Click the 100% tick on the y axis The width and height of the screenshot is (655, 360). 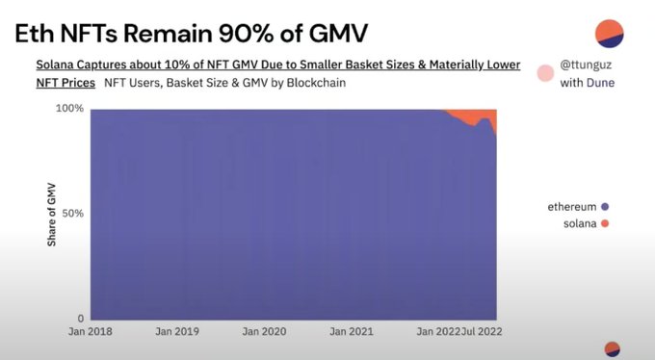tap(69, 109)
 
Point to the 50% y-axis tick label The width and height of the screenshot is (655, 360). tap(72, 214)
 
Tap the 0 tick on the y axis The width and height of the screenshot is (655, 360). tap(81, 319)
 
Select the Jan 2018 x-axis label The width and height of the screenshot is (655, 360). tap(91, 331)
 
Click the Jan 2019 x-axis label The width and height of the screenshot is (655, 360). tap(177, 331)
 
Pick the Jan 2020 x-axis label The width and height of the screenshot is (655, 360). tap(265, 331)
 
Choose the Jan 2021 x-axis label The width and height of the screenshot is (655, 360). tap(352, 331)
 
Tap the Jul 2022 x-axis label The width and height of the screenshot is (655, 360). tap(482, 331)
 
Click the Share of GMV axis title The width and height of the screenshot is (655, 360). tap(51, 215)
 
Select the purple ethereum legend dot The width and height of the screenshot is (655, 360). tap(605, 206)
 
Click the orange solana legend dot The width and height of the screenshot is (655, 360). tap(605, 224)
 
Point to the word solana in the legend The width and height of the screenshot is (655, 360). tap(580, 224)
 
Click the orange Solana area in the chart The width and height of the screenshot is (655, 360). tap(473, 116)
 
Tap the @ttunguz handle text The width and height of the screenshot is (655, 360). tap(586, 64)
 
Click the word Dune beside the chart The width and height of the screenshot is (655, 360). tap(601, 83)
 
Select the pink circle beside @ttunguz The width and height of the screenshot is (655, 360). tap(545, 73)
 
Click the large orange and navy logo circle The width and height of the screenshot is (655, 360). tap(610, 34)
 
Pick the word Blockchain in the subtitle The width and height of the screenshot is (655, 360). tap(316, 83)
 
